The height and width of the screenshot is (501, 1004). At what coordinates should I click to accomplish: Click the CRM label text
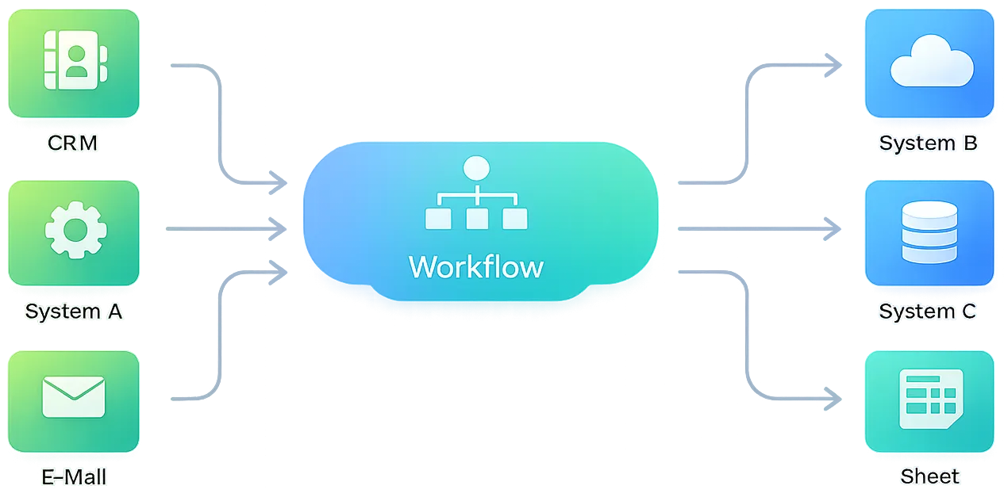point(72,143)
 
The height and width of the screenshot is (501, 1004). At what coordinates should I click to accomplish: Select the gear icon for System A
point(75,231)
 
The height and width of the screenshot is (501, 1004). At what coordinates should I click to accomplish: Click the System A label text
point(74,312)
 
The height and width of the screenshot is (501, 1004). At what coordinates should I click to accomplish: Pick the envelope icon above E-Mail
point(74,397)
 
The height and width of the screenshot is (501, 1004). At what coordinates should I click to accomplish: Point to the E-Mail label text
point(74,477)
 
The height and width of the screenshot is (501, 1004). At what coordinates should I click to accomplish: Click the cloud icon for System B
point(931,66)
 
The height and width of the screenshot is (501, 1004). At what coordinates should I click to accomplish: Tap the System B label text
point(928,143)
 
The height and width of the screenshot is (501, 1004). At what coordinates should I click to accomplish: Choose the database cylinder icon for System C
point(929,232)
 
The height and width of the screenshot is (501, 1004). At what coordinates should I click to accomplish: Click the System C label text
point(927,312)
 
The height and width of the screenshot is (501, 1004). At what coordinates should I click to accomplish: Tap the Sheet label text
point(929,476)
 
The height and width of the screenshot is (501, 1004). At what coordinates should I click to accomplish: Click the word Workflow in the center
point(476,266)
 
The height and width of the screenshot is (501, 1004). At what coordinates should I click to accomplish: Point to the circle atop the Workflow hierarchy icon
point(476,168)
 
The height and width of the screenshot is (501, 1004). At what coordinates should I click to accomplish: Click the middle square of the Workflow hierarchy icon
point(476,219)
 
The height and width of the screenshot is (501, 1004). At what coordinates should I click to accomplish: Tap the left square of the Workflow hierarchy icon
point(438,219)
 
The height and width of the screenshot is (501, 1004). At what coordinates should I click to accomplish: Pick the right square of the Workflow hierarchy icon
point(514,219)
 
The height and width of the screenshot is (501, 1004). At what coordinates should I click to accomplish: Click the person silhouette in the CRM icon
point(77,61)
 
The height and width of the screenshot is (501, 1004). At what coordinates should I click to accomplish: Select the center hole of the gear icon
point(75,231)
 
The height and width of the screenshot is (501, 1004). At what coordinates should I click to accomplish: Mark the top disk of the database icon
point(929,210)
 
